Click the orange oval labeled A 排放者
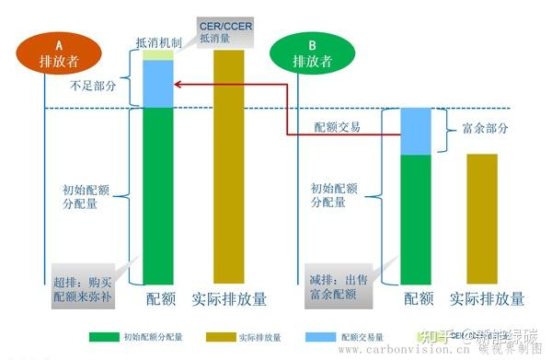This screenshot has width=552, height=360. coord(59,53)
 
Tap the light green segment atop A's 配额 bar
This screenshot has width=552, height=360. coord(158,55)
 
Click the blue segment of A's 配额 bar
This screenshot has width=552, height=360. coord(158,84)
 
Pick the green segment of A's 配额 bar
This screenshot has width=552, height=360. coord(158,194)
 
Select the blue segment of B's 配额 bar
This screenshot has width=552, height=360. coord(416,131)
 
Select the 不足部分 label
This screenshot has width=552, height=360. coord(93,85)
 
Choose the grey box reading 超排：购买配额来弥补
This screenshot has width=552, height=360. coord(86,284)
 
